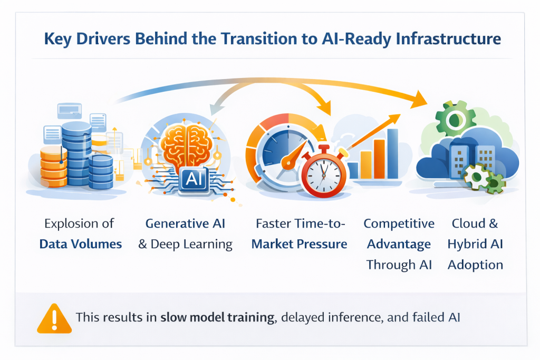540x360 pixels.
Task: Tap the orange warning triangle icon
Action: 54,318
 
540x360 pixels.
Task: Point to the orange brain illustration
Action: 187,146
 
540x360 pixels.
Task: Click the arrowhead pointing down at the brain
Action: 215,109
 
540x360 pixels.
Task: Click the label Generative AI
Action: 185,223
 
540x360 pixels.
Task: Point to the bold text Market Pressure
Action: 300,244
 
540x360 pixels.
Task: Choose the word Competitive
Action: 399,223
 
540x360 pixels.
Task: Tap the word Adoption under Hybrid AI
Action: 475,265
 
